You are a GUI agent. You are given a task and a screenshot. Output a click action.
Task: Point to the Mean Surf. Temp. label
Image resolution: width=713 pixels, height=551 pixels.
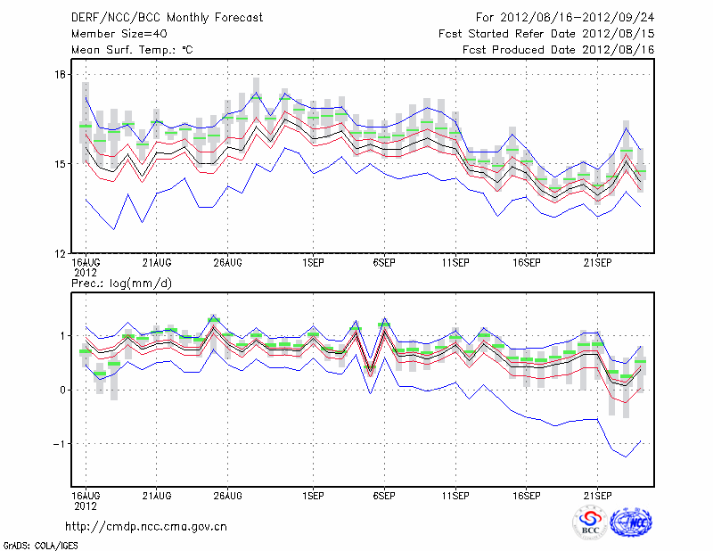[131, 50]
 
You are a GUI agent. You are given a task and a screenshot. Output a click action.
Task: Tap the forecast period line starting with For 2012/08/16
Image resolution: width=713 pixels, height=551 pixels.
[565, 18]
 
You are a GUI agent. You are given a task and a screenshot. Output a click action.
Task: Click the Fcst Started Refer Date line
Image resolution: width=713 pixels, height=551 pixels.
[546, 34]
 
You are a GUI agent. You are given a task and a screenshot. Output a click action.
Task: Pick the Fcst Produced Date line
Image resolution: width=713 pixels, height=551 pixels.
[558, 50]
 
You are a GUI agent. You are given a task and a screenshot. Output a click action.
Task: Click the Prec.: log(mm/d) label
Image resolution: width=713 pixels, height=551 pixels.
[122, 284]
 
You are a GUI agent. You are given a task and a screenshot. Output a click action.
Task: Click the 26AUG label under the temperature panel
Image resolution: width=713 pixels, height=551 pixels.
[228, 263]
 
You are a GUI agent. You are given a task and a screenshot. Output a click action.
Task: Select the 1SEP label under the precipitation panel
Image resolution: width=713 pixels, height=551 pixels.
[312, 495]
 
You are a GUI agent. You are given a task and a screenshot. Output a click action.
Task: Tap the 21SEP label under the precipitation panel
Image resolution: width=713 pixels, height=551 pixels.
[597, 495]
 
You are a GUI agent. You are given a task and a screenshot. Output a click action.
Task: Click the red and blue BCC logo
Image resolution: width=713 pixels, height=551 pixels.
[591, 522]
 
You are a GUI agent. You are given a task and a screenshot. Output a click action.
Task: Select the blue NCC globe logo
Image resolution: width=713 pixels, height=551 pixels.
[632, 522]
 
